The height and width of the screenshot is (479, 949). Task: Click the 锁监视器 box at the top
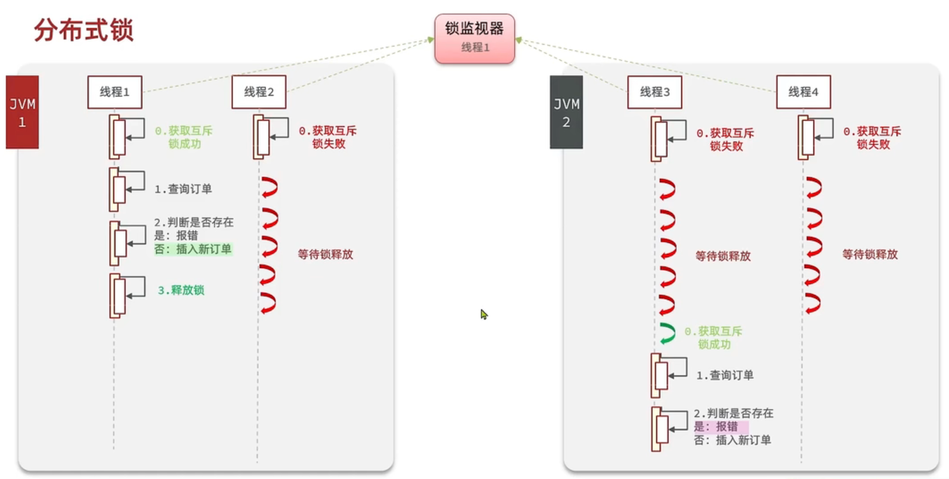[x=474, y=38]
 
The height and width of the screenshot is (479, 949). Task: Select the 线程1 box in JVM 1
[x=114, y=92]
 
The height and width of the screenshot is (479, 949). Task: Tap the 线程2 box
[x=259, y=92]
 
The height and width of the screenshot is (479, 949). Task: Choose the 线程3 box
[x=654, y=92]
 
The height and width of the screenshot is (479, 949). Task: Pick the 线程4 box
[x=803, y=92]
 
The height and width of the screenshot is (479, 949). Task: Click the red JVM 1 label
[x=23, y=112]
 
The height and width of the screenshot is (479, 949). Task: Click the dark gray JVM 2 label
[x=566, y=112]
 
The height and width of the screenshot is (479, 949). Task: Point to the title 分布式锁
[x=84, y=30]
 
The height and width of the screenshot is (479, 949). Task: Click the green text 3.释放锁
[x=181, y=290]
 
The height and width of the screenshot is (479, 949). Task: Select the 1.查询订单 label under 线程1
[x=183, y=189]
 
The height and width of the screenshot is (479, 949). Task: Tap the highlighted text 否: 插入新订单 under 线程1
[x=193, y=249]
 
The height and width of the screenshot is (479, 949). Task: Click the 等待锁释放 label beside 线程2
[x=326, y=255]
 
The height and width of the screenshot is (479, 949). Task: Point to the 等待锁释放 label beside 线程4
[x=870, y=255]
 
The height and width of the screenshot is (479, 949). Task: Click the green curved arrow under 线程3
[x=668, y=333]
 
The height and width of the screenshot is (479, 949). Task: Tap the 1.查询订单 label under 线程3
[x=725, y=375]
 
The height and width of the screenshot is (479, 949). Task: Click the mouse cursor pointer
[x=484, y=314]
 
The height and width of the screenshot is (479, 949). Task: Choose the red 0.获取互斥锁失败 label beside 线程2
[x=328, y=137]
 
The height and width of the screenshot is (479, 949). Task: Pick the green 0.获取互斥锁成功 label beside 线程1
[x=184, y=137]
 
